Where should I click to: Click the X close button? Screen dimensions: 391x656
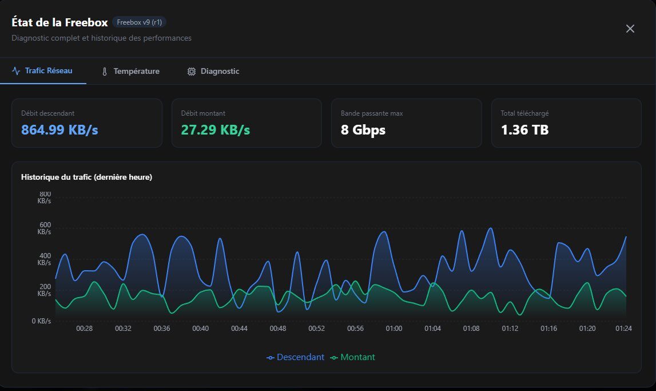coord(630,29)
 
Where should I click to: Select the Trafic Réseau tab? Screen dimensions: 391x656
coord(43,72)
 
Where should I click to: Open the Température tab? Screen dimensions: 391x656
coord(130,72)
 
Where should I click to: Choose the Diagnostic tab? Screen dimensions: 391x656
coord(213,72)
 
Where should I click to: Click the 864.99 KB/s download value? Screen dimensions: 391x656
coord(59,130)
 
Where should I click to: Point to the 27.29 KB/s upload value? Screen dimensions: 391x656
coord(216,130)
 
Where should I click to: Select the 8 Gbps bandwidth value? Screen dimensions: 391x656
coord(363,130)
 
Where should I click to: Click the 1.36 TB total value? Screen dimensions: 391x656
coord(524,130)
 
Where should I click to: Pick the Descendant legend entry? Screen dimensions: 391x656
coord(295,357)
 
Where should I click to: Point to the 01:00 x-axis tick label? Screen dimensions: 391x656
coord(393,329)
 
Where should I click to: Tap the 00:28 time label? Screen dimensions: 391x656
coord(84,329)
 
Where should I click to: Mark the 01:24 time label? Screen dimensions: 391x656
coord(623,329)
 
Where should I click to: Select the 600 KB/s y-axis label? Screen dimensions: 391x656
coord(44,228)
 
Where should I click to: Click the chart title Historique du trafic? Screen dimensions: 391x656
coord(86,177)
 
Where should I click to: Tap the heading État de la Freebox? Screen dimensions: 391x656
coord(59,22)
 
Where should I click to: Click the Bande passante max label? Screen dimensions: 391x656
coord(372,113)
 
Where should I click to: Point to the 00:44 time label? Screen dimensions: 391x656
coord(239,329)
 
